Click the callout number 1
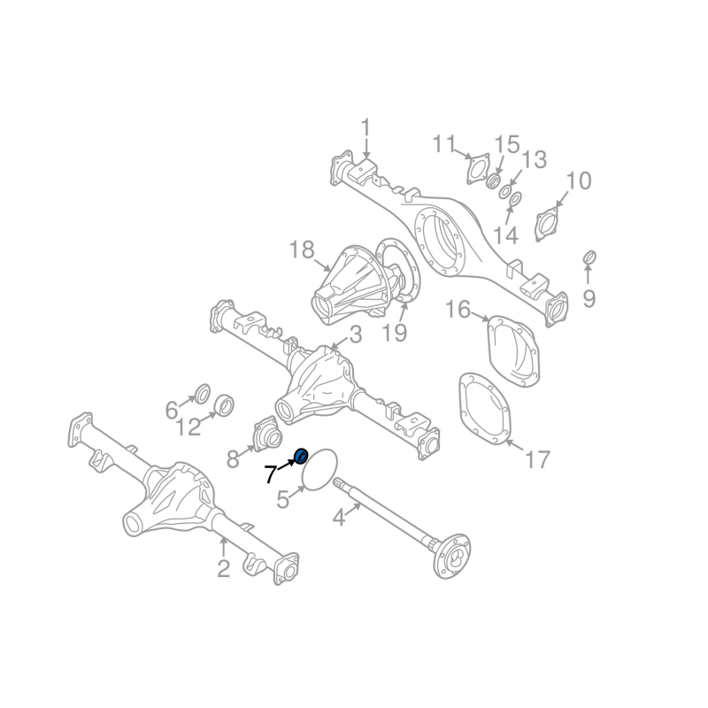pyautogui.click(x=366, y=128)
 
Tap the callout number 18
pyautogui.click(x=302, y=250)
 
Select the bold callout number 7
pyautogui.click(x=271, y=476)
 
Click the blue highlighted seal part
pyautogui.click(x=300, y=457)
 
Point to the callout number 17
pyautogui.click(x=537, y=459)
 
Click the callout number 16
pyautogui.click(x=458, y=310)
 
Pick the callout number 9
pyautogui.click(x=589, y=298)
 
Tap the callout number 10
pyautogui.click(x=578, y=182)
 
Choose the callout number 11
pyautogui.click(x=444, y=143)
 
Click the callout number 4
pyautogui.click(x=339, y=518)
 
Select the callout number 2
pyautogui.click(x=223, y=568)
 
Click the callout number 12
pyautogui.click(x=189, y=428)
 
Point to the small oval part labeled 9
pyautogui.click(x=587, y=257)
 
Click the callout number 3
pyautogui.click(x=355, y=335)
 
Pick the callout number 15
pyautogui.click(x=506, y=144)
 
